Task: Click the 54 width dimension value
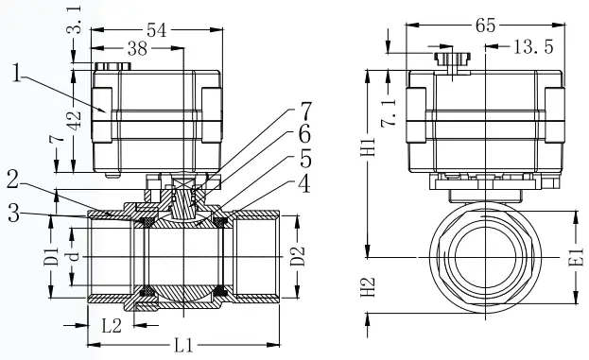pos(156,30)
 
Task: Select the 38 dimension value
pos(137,49)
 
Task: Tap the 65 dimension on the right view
pos(486,26)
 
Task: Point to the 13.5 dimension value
pos(533,47)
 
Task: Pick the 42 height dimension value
pos(74,120)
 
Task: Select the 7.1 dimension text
pos(390,113)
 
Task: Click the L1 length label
pos(184,345)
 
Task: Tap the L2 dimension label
pos(112,326)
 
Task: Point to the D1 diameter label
pos(51,256)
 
